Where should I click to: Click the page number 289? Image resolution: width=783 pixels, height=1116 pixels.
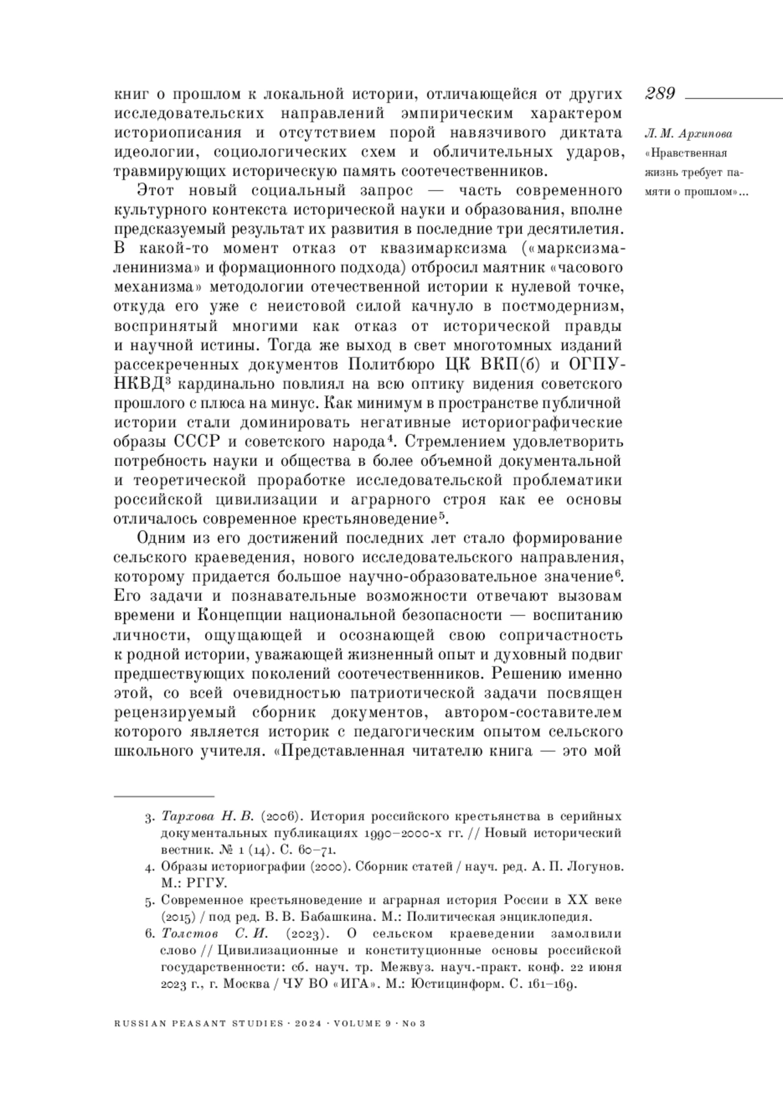pyautogui.click(x=660, y=94)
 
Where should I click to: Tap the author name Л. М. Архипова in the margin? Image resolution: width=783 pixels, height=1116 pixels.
pyautogui.click(x=688, y=134)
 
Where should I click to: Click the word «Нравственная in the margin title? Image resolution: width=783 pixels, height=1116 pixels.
pyautogui.click(x=685, y=154)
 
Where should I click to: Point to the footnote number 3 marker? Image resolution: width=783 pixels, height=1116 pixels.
pyautogui.click(x=148, y=817)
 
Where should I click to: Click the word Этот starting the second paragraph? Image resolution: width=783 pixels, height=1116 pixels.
pyautogui.click(x=156, y=191)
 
